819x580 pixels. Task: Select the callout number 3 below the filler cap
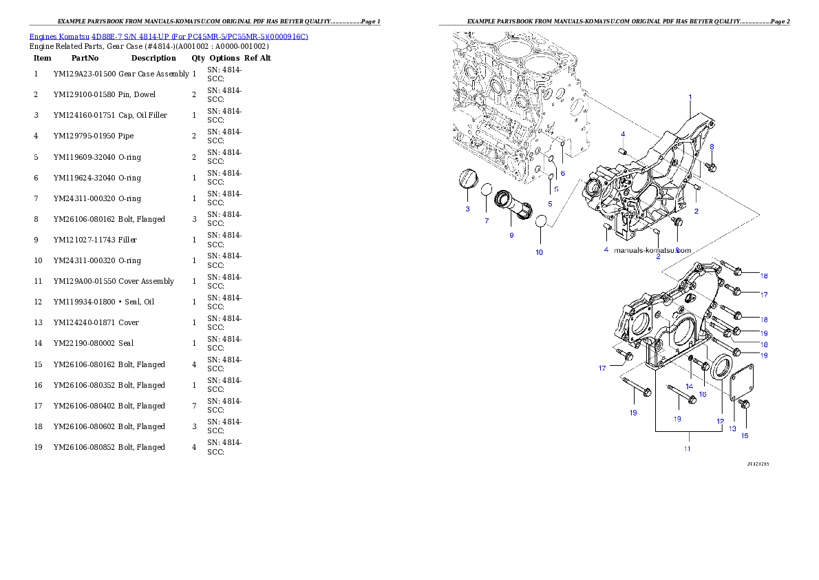point(467,209)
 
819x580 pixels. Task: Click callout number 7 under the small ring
point(487,220)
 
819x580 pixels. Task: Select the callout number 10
point(539,252)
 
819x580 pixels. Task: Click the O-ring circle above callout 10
point(541,222)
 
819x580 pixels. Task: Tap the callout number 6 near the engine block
point(562,173)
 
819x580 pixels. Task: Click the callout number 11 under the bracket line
point(686,448)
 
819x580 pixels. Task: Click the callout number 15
point(744,435)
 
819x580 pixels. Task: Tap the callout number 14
point(689,386)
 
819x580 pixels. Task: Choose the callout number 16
point(703,394)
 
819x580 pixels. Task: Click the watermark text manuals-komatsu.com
point(652,251)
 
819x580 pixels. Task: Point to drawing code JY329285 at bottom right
point(758,464)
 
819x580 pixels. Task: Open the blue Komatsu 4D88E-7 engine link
point(169,36)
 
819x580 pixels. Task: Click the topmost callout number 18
point(764,276)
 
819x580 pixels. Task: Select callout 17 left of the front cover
point(602,369)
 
